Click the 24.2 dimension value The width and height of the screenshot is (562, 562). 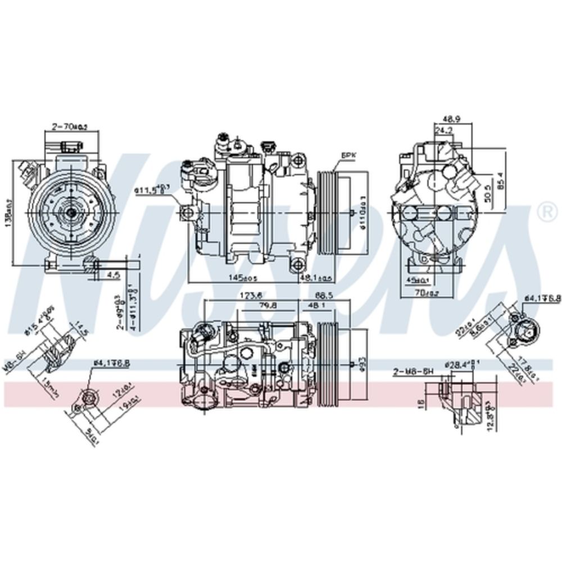coord(444,130)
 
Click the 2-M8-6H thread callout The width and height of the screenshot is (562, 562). coord(414,371)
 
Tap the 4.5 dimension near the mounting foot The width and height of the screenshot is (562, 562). coord(114,275)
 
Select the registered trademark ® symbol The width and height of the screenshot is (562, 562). coord(544,212)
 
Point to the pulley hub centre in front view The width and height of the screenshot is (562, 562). coord(71,212)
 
